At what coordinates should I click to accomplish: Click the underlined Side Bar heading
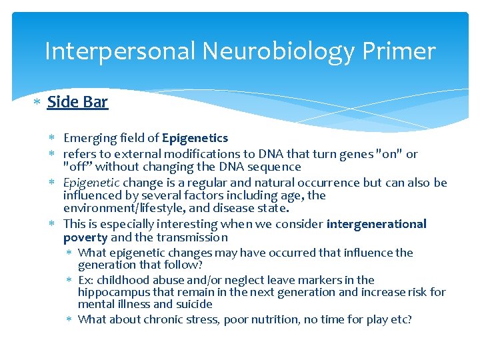pyautogui.click(x=77, y=102)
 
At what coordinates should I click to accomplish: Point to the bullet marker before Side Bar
pyautogui.click(x=37, y=103)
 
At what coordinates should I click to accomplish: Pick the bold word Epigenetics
pyautogui.click(x=195, y=138)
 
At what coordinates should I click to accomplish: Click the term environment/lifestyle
pyautogui.click(x=124, y=208)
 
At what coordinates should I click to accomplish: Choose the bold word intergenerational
pyautogui.click(x=376, y=224)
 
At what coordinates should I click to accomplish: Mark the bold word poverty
pyautogui.click(x=85, y=237)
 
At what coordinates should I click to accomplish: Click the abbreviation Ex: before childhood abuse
pyautogui.click(x=86, y=280)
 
